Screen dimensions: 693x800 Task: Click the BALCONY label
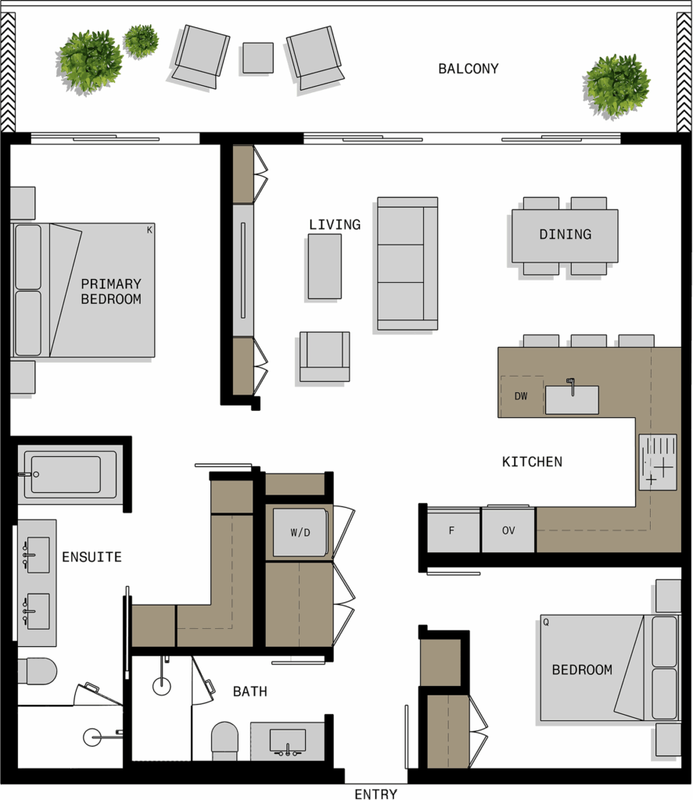point(469,69)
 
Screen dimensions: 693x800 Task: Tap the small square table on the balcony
point(258,58)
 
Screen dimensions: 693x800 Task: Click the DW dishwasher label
point(521,396)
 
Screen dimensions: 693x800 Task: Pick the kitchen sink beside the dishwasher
point(572,399)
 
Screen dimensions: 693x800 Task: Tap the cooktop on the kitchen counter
point(658,462)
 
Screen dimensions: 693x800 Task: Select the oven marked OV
point(508,530)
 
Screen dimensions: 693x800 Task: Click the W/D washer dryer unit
point(300,532)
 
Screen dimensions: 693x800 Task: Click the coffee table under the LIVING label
point(325,266)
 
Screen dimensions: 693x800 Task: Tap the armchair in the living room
point(325,356)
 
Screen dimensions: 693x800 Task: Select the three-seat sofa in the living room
point(408,263)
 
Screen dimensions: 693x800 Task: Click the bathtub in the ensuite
point(67,474)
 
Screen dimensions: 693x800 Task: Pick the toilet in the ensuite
point(37,671)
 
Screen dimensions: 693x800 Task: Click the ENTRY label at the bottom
point(376,794)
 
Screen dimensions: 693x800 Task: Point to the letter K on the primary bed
point(149,230)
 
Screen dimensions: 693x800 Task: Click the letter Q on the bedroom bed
point(546,623)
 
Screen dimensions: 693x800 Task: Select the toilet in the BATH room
point(224,741)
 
